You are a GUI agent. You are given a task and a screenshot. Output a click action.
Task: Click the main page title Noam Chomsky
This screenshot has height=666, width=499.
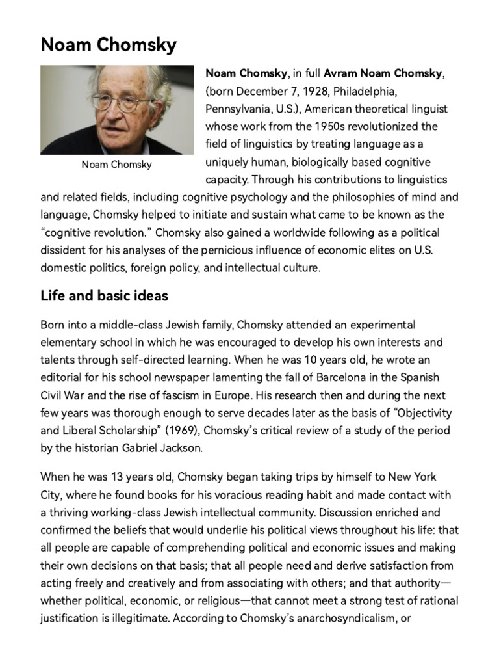[108, 45]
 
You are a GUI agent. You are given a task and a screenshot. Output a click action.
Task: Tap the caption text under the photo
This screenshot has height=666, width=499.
[116, 165]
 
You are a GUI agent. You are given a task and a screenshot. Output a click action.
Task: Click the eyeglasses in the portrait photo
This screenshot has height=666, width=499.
[120, 102]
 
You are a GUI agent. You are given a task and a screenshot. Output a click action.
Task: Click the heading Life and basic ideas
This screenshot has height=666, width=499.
[104, 296]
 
